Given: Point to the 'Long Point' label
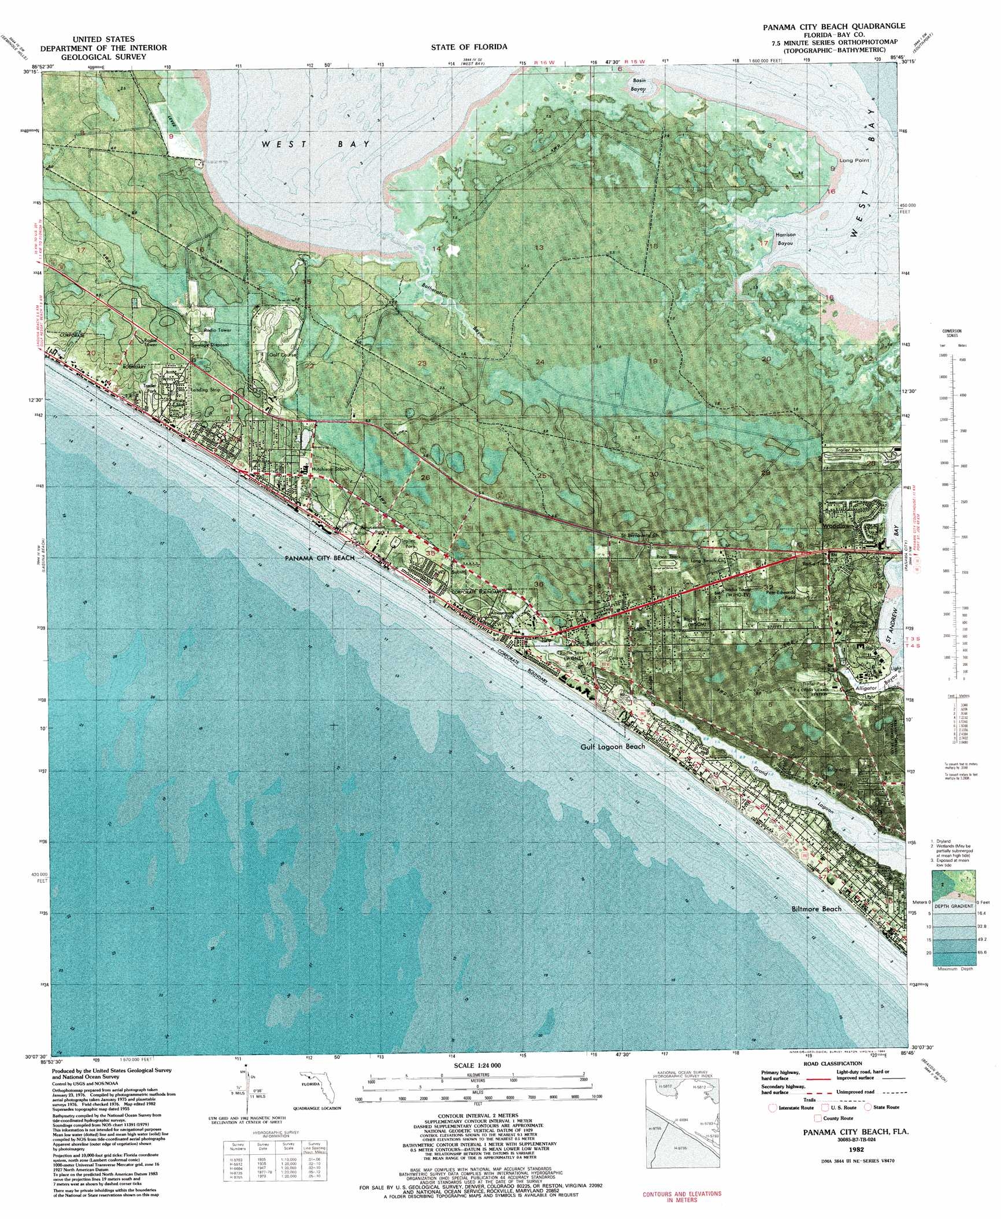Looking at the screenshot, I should [854, 160].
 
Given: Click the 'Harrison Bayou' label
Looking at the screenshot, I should [785, 239].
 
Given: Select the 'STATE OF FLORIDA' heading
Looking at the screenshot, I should [469, 47].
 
